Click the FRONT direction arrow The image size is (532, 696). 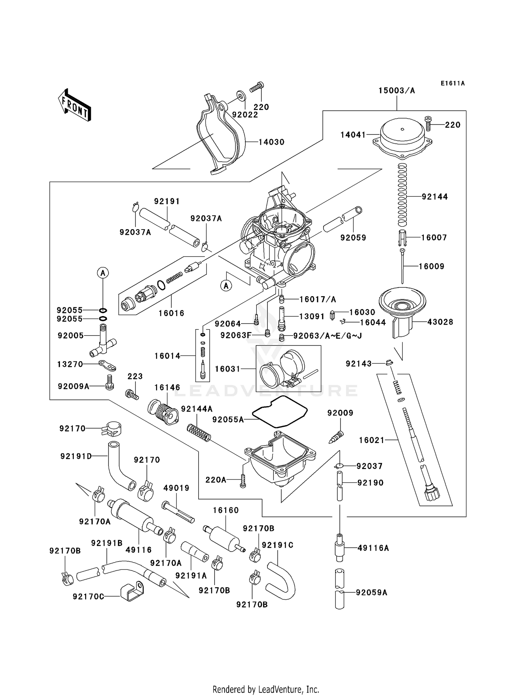[74, 105]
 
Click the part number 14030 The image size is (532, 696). [271, 142]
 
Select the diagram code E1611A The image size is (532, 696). [453, 83]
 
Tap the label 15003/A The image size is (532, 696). [397, 90]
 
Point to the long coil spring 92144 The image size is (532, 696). [402, 195]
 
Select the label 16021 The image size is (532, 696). [372, 440]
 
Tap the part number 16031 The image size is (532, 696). [228, 369]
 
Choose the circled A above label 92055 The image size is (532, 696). [103, 273]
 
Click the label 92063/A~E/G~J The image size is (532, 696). [327, 336]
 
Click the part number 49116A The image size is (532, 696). [373, 548]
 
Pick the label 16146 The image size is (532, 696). [167, 387]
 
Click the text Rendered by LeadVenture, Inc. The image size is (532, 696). [266, 689]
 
